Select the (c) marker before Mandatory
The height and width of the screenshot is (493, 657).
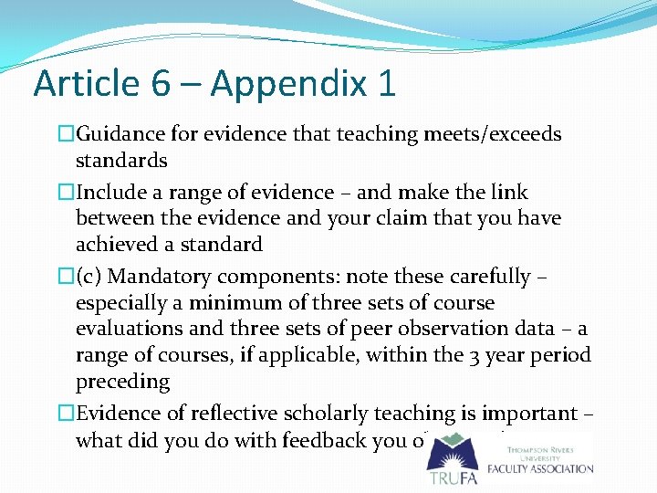[89, 277]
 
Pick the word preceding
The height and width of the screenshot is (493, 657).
[123, 382]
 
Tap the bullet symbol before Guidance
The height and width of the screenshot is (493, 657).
[66, 135]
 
